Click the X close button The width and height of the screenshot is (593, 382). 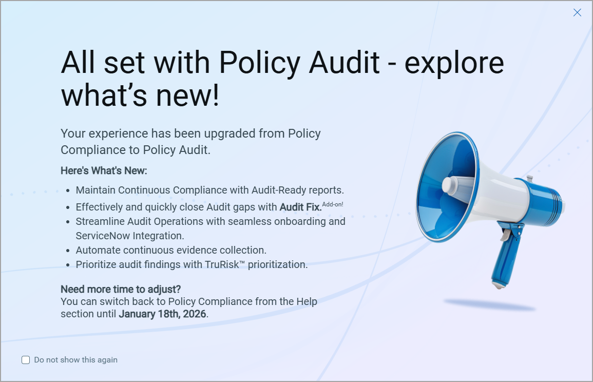point(577,13)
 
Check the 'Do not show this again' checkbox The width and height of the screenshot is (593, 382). point(26,360)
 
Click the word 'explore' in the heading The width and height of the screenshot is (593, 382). point(454,63)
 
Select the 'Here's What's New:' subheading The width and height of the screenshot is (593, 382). point(104,170)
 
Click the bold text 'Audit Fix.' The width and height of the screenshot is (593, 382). point(300,207)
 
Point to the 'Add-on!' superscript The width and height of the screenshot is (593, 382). point(333,204)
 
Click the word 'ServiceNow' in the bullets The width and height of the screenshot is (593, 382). point(102,236)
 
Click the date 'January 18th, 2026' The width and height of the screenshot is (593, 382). point(162,314)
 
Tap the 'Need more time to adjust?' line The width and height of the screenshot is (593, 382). point(121,289)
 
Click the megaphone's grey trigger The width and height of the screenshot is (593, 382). point(506,234)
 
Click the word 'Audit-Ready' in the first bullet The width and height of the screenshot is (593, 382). point(277,190)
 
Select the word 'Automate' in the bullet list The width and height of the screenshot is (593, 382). point(95,251)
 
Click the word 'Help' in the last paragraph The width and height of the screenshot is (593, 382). point(305,301)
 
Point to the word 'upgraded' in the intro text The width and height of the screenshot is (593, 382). point(231,133)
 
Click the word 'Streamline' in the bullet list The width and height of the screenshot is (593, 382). point(99,222)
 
